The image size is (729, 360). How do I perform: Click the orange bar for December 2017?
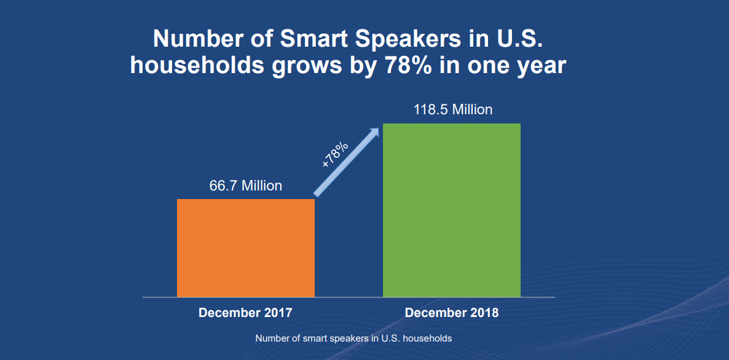(246, 248)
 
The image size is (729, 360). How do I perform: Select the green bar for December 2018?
(452, 210)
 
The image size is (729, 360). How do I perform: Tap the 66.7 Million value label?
(246, 186)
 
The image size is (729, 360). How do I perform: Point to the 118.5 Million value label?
(452, 110)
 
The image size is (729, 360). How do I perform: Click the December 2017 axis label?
(245, 313)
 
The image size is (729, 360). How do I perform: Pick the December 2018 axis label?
(452, 313)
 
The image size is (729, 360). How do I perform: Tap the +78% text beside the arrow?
(335, 154)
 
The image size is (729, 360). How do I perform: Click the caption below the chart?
(353, 338)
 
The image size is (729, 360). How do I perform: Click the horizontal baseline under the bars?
(349, 297)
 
